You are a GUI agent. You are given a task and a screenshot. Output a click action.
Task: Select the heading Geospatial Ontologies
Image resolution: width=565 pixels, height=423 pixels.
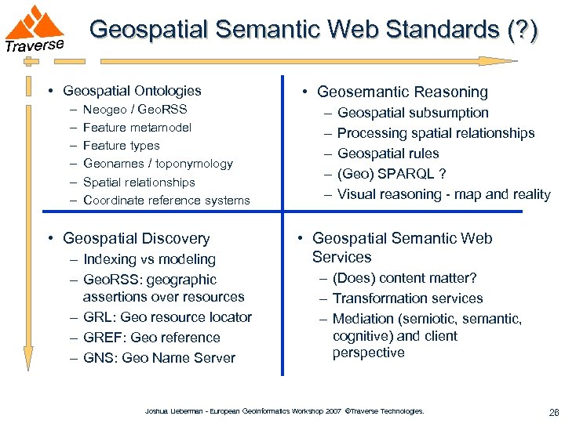click(132, 91)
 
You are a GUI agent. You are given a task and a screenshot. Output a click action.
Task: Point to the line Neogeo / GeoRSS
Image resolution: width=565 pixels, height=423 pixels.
click(135, 109)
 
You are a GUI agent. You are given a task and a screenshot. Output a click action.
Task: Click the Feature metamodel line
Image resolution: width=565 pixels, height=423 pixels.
click(137, 127)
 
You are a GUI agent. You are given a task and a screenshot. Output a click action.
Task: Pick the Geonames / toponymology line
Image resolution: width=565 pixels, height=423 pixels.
click(158, 164)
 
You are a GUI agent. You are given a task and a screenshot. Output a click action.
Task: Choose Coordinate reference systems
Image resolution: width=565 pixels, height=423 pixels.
click(166, 200)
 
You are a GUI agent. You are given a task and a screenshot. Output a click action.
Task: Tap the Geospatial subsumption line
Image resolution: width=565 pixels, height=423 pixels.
click(413, 113)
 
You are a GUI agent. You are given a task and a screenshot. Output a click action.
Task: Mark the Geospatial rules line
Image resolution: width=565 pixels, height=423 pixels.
click(388, 154)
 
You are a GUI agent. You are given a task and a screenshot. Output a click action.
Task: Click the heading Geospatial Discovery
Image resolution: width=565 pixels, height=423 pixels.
click(136, 238)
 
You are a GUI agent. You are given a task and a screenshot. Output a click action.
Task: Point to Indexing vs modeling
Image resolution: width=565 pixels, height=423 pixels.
click(149, 259)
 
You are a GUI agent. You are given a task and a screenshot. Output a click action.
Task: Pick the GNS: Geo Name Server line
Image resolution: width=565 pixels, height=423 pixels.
click(159, 358)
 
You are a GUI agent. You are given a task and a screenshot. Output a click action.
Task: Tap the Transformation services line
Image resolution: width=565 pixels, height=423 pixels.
click(407, 298)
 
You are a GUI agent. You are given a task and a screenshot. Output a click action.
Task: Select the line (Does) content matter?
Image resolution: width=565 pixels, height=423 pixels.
click(404, 278)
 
